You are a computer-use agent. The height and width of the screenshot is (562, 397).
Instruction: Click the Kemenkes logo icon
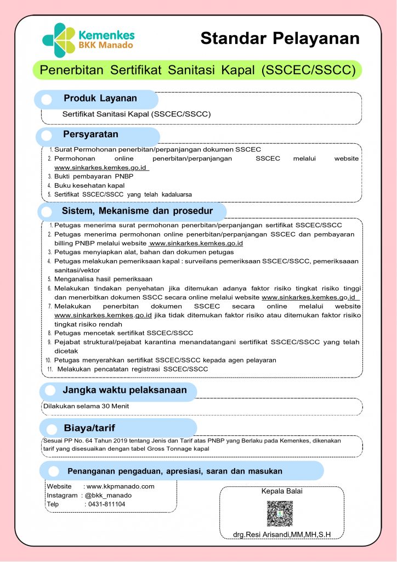pos(59,39)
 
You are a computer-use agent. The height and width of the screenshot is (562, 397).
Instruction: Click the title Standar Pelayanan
pos(280,38)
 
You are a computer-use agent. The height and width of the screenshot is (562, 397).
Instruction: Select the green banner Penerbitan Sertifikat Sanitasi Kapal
pos(197,70)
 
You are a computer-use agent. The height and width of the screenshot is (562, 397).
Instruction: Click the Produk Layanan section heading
pos(100,99)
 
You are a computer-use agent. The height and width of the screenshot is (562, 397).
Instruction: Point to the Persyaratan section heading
pos(90,134)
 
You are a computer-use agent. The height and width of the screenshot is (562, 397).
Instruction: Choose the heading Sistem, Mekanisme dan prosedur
pos(137,211)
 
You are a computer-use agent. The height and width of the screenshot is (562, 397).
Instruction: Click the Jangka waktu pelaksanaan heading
pos(124,390)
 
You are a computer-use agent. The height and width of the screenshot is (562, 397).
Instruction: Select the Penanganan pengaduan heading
pos(174,471)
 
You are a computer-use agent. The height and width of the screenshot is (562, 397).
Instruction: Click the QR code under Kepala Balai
pos(280,513)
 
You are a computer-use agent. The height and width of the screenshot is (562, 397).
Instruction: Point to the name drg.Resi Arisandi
pos(282,535)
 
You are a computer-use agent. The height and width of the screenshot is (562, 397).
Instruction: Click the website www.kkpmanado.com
pos(120,486)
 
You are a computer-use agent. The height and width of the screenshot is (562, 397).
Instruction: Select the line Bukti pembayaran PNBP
pos(94,176)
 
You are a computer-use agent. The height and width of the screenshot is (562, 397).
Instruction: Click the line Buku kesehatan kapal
pos(89,185)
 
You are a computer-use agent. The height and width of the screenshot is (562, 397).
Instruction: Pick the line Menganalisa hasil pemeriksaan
pos(104,279)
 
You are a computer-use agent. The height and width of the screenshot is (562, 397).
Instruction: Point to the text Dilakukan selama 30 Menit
pos(86,407)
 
